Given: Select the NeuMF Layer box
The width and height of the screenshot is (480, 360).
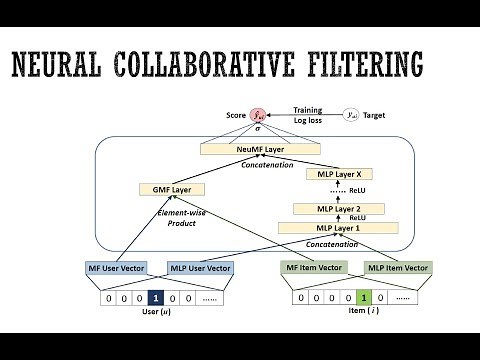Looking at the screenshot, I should pos(236,149).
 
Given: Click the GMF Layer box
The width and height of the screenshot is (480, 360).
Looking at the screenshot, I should pos(165,188).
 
